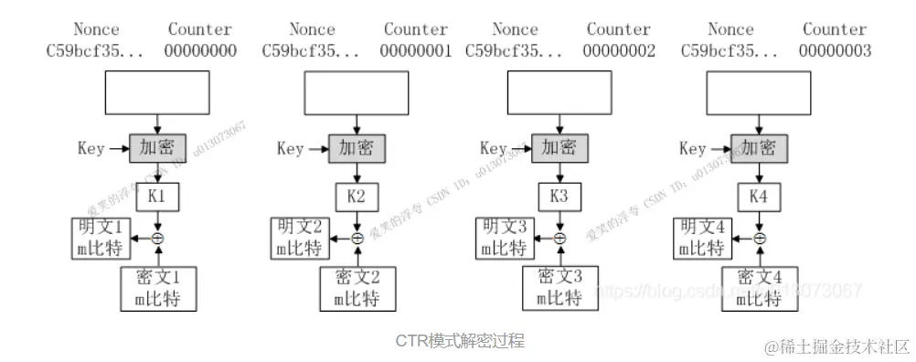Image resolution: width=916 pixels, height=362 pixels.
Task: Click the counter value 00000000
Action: [x=199, y=51]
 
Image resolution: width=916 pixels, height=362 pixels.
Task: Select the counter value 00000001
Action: [x=417, y=51]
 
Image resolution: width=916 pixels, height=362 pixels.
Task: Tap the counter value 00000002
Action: [x=619, y=51]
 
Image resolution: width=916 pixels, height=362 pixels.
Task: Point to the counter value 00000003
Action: [x=834, y=51]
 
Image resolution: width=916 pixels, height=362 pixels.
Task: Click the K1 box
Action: [x=158, y=197]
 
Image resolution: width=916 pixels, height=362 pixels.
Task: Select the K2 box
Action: [x=357, y=197]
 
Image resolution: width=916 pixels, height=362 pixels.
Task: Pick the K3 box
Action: [x=559, y=197]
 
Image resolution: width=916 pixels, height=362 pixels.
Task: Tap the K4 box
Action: [x=759, y=197]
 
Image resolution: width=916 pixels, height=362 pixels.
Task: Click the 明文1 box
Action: [x=101, y=237]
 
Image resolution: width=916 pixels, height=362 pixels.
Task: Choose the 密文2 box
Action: [x=357, y=288]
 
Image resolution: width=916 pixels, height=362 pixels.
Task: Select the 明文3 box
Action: [x=504, y=237]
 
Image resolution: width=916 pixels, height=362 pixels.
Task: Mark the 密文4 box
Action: [x=758, y=288]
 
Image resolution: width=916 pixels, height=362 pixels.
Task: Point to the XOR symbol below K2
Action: [x=357, y=239]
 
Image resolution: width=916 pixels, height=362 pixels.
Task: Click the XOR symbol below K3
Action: [x=559, y=239]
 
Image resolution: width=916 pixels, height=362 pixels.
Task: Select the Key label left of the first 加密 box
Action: [x=91, y=149]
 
